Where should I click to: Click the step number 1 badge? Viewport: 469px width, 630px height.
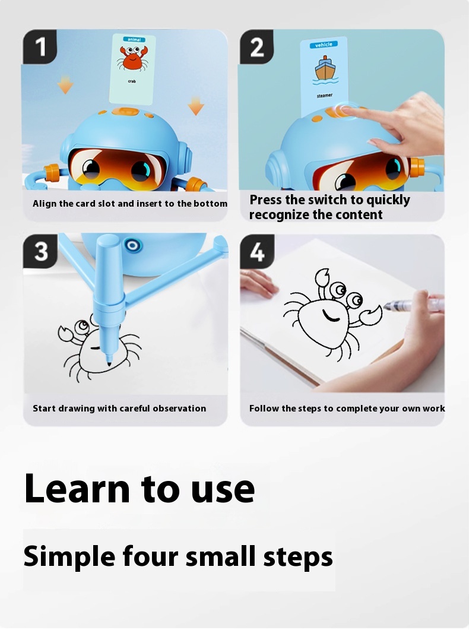[39, 46]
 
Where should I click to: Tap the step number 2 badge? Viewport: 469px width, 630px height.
[256, 46]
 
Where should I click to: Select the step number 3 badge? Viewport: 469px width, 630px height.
[40, 251]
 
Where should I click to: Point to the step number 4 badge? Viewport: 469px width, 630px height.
[257, 252]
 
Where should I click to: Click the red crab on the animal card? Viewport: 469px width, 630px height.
[133, 58]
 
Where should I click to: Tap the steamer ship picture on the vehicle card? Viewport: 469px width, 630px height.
[325, 70]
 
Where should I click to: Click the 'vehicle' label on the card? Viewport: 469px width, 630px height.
[323, 45]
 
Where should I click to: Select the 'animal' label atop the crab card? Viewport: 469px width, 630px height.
[134, 39]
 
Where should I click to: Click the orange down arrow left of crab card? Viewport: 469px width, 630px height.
[65, 84]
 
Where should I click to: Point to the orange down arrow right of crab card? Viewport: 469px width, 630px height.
[195, 105]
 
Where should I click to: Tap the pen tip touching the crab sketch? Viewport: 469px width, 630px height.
[109, 363]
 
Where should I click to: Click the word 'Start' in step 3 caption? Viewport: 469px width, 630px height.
[44, 408]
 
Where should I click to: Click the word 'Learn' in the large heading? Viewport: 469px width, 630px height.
[77, 488]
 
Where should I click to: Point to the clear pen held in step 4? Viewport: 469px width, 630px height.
[414, 304]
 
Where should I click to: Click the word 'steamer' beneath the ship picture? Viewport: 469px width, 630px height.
[325, 96]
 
